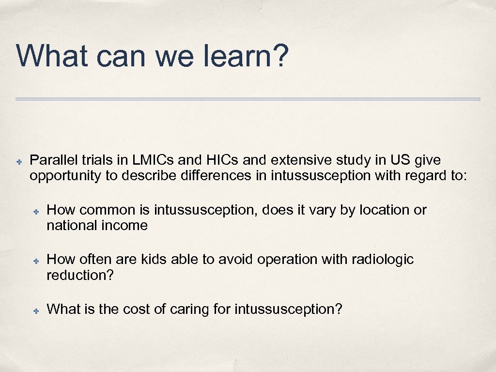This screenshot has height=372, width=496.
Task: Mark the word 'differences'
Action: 212,175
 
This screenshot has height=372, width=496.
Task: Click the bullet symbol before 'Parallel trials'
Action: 18,160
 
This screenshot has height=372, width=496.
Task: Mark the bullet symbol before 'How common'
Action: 36,210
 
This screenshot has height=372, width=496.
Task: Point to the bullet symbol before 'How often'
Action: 36,260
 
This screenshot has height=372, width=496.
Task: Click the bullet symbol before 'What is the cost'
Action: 36,310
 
